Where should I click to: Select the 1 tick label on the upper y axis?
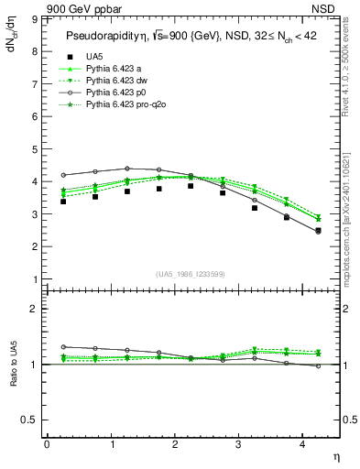tap(34, 278)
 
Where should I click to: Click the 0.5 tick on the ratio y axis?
tap(29, 419)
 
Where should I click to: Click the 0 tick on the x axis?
tap(47, 444)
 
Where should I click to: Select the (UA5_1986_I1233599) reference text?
tap(192, 274)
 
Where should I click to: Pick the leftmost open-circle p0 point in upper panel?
tap(63, 175)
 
